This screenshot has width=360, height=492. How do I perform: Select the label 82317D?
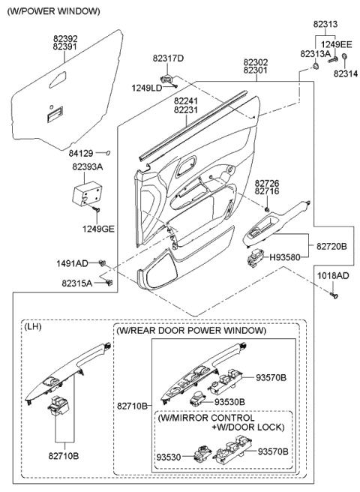tap(168, 58)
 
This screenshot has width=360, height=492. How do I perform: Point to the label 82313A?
tap(315, 54)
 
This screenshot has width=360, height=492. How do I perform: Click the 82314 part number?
tap(346, 73)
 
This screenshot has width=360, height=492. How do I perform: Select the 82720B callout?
tap(331, 245)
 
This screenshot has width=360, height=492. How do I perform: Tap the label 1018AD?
tap(332, 276)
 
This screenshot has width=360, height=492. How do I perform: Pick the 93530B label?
tap(229, 402)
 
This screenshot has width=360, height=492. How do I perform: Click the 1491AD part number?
tap(72, 262)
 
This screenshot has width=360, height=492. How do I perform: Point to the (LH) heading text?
tap(33, 328)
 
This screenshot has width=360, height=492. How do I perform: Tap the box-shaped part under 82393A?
tap(88, 194)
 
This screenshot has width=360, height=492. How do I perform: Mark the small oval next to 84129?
tap(109, 153)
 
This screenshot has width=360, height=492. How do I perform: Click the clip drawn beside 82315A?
tap(110, 282)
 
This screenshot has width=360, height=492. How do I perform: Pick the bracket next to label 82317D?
tap(166, 76)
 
